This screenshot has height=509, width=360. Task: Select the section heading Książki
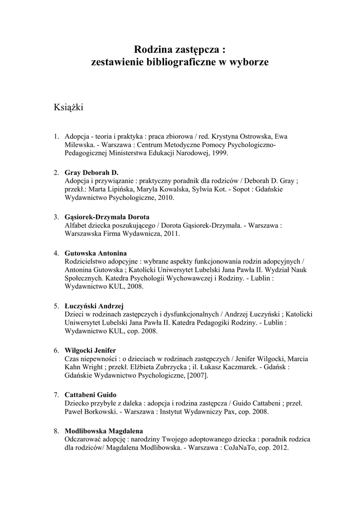68,107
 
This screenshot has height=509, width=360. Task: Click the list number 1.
56,136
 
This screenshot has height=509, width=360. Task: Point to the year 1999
219,153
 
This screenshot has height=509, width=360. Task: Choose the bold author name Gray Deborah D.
91,172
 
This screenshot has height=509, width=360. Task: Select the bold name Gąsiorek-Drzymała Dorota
107,217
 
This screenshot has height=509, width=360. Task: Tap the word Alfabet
76,225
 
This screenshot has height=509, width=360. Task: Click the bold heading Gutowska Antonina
96,253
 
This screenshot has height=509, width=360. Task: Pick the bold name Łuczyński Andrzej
94,305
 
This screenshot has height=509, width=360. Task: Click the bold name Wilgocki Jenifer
90,350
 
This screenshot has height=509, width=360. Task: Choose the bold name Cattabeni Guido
90,395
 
